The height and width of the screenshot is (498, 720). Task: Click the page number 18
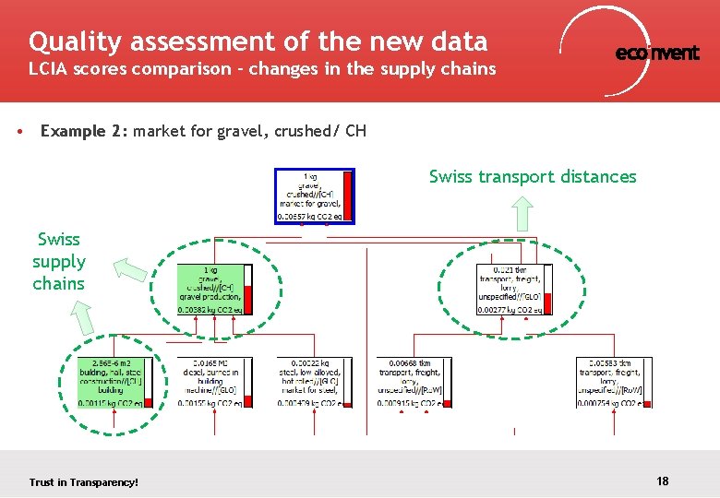(x=662, y=480)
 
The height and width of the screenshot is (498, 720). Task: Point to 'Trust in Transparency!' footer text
(x=84, y=482)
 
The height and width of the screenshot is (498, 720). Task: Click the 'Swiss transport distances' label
(x=533, y=176)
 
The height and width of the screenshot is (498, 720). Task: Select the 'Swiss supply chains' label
(x=58, y=261)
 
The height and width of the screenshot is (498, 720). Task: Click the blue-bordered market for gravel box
(x=315, y=196)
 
